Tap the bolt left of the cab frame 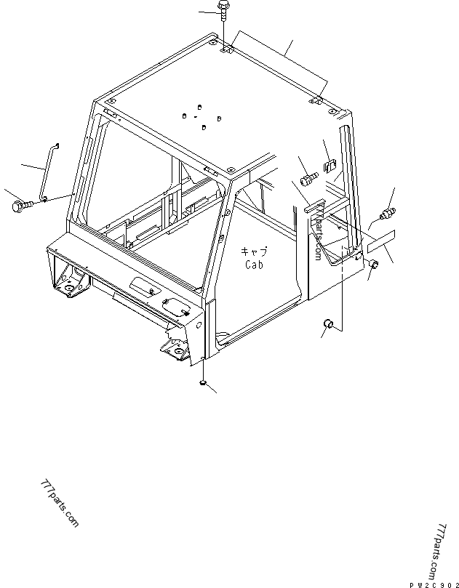click(21, 206)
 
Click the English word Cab click(255, 265)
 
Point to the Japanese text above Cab click(255, 251)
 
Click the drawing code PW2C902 click(433, 583)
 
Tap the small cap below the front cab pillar click(203, 382)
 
